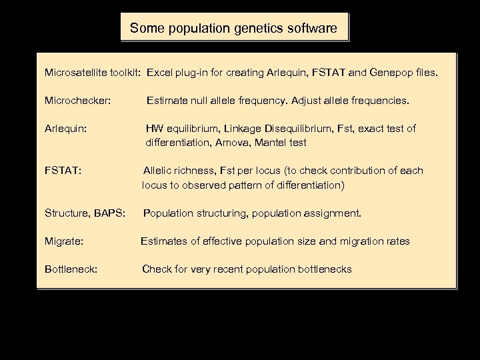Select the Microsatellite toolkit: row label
(93, 71)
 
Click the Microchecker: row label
(77, 101)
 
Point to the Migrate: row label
(64, 241)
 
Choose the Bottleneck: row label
(71, 269)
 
